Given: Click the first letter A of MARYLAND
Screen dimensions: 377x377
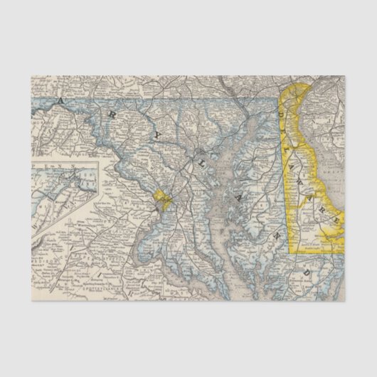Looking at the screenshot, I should point(62,102).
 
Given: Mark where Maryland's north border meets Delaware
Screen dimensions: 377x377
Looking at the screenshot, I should point(280,98).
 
